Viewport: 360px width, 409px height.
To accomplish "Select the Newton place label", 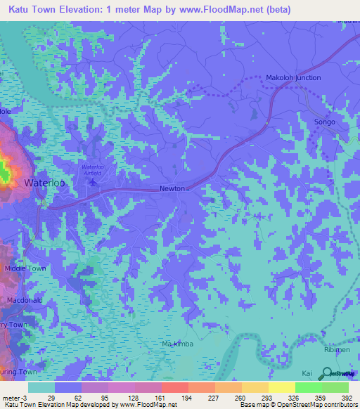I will [172, 188].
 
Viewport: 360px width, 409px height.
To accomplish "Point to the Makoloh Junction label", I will [293, 77].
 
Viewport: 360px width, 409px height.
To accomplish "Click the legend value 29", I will [50, 397].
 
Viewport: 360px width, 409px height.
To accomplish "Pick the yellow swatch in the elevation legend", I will [281, 387].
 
